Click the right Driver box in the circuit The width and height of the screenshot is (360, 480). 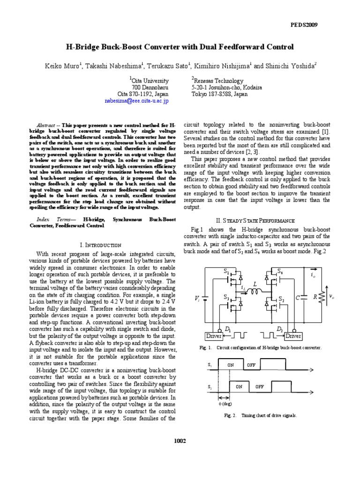click(x=294, y=336)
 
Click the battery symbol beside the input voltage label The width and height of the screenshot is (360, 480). click(x=207, y=297)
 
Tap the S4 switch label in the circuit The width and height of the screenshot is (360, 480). click(x=280, y=271)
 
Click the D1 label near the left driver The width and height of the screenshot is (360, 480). click(x=228, y=330)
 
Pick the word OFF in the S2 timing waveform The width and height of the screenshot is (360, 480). click(x=260, y=387)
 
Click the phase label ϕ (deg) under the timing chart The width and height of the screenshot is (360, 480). click(x=225, y=403)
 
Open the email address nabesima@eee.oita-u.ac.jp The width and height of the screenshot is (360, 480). click(x=135, y=100)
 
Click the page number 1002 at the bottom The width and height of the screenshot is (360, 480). click(x=180, y=440)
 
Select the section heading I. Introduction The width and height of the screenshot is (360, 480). click(x=101, y=245)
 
